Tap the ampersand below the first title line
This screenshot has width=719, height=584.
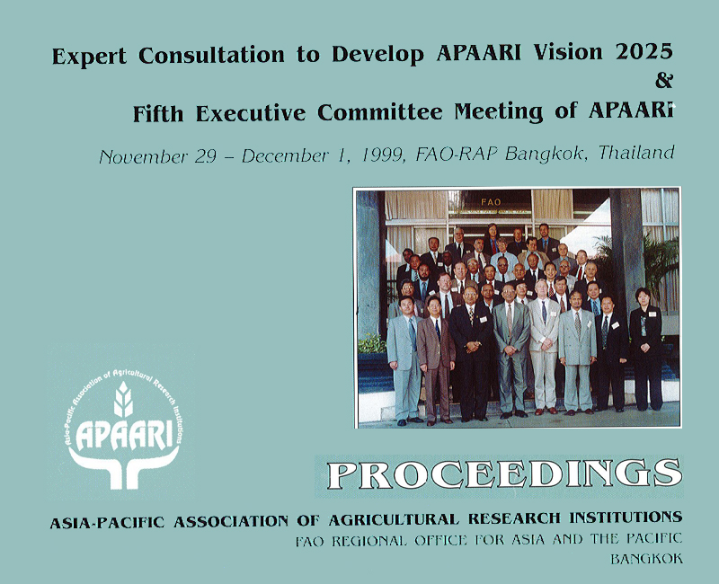(x=664, y=80)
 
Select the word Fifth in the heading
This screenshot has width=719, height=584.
(x=158, y=113)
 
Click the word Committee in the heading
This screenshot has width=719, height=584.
(x=380, y=112)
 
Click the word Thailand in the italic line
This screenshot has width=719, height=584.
(x=636, y=152)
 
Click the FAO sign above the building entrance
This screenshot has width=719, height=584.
(x=491, y=201)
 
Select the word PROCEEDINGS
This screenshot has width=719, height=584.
(x=504, y=475)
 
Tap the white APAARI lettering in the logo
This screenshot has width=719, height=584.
(x=124, y=436)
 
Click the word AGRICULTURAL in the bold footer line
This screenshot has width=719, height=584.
(x=394, y=520)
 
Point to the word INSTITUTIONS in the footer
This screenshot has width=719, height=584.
(x=626, y=518)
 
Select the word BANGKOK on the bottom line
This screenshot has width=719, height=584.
(x=646, y=559)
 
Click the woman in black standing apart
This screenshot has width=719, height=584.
(x=646, y=350)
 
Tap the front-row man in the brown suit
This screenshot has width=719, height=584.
(x=436, y=360)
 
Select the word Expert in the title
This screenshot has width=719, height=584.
(x=89, y=57)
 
